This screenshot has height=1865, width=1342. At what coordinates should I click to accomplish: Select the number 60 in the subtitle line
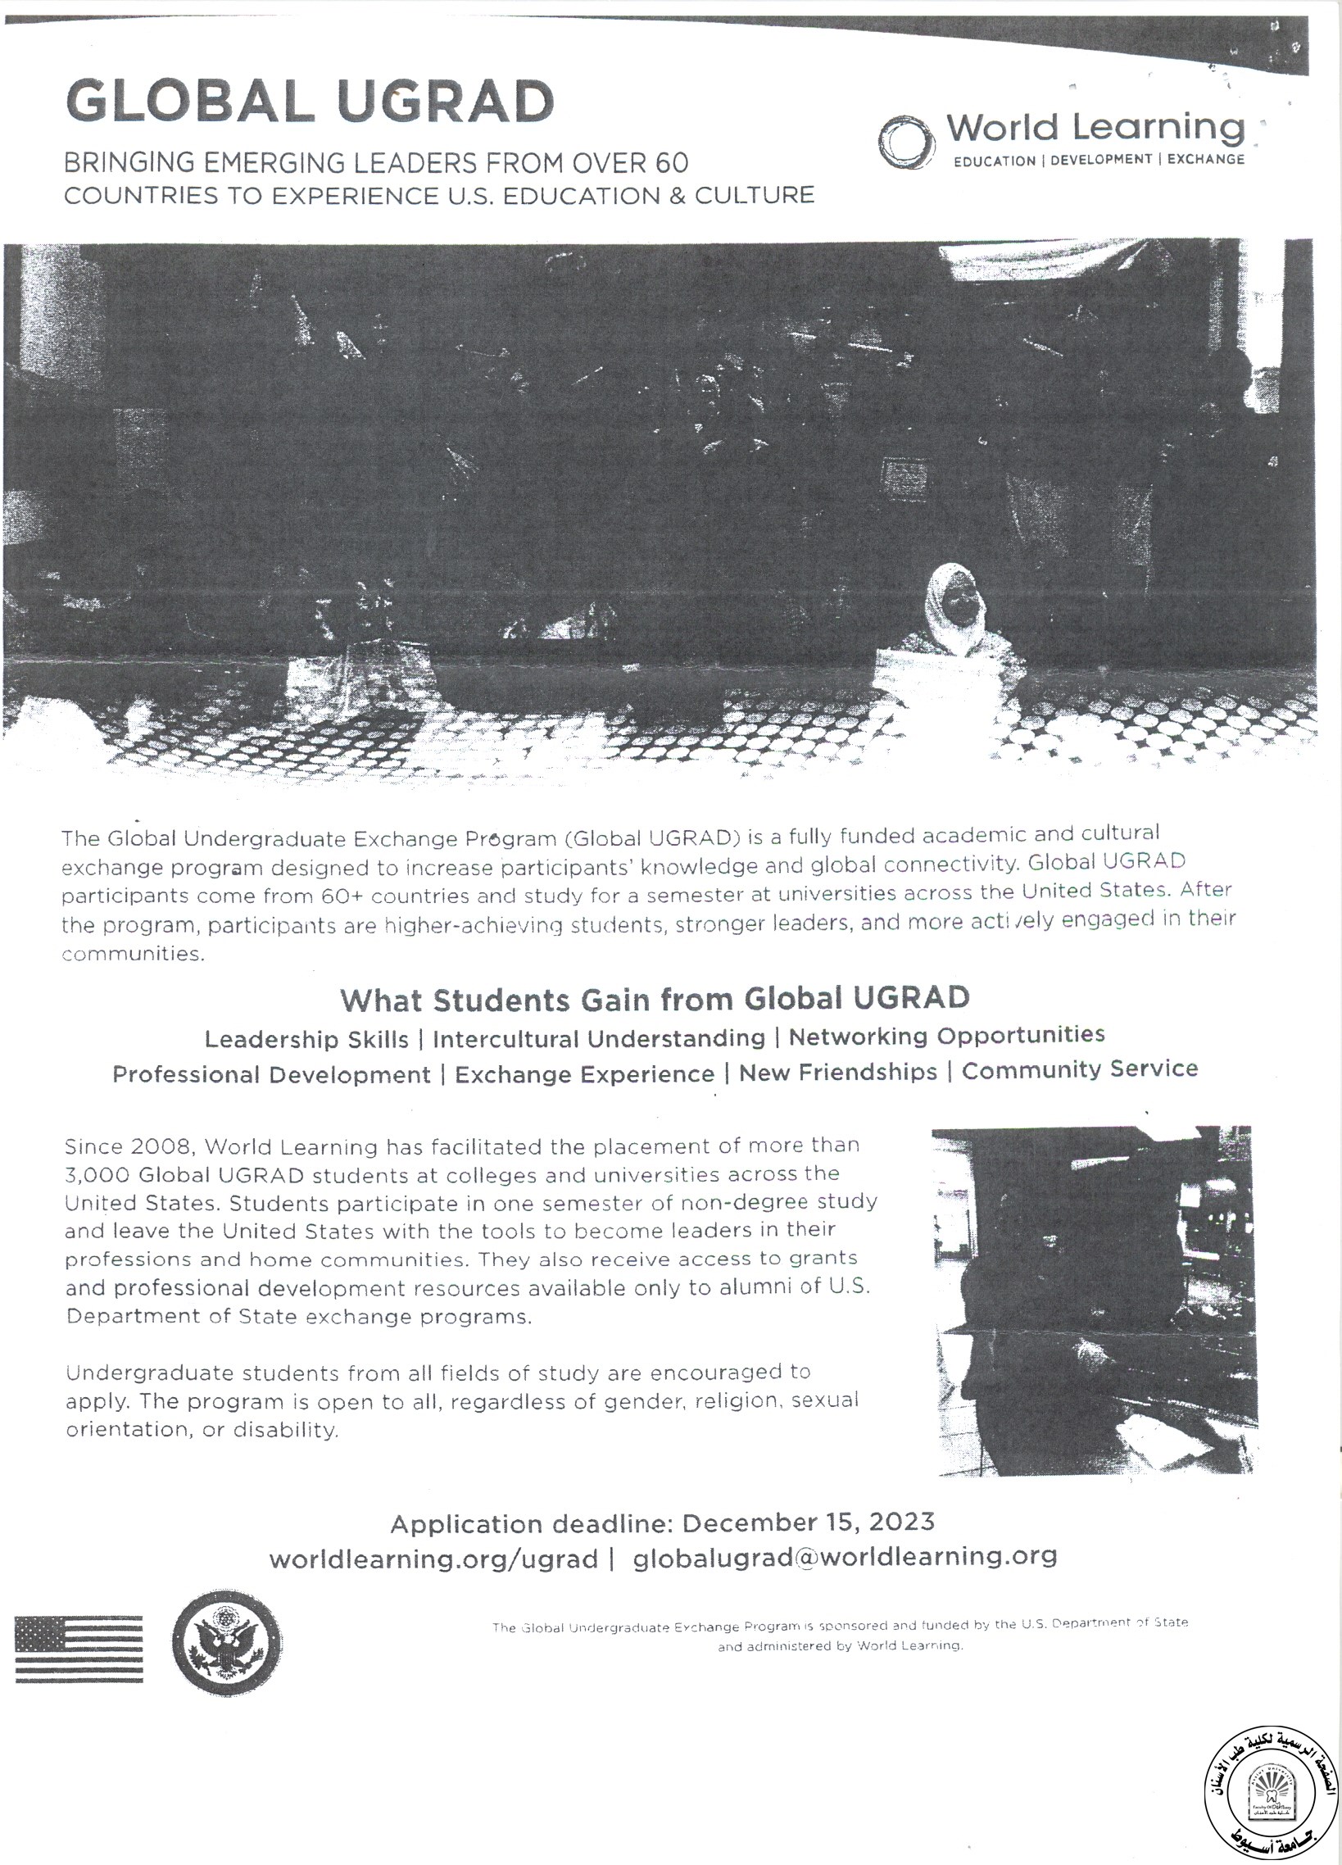click(672, 164)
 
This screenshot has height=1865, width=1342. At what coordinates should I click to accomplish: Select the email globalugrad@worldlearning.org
click(845, 1557)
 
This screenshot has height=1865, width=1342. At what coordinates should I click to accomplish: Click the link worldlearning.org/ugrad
click(433, 1559)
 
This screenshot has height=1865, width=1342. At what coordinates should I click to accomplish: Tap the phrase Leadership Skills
click(306, 1039)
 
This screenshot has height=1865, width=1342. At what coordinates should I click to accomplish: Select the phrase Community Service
click(1080, 1069)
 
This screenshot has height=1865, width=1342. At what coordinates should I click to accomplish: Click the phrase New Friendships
click(838, 1073)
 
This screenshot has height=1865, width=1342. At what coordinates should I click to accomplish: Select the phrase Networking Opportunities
click(946, 1035)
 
